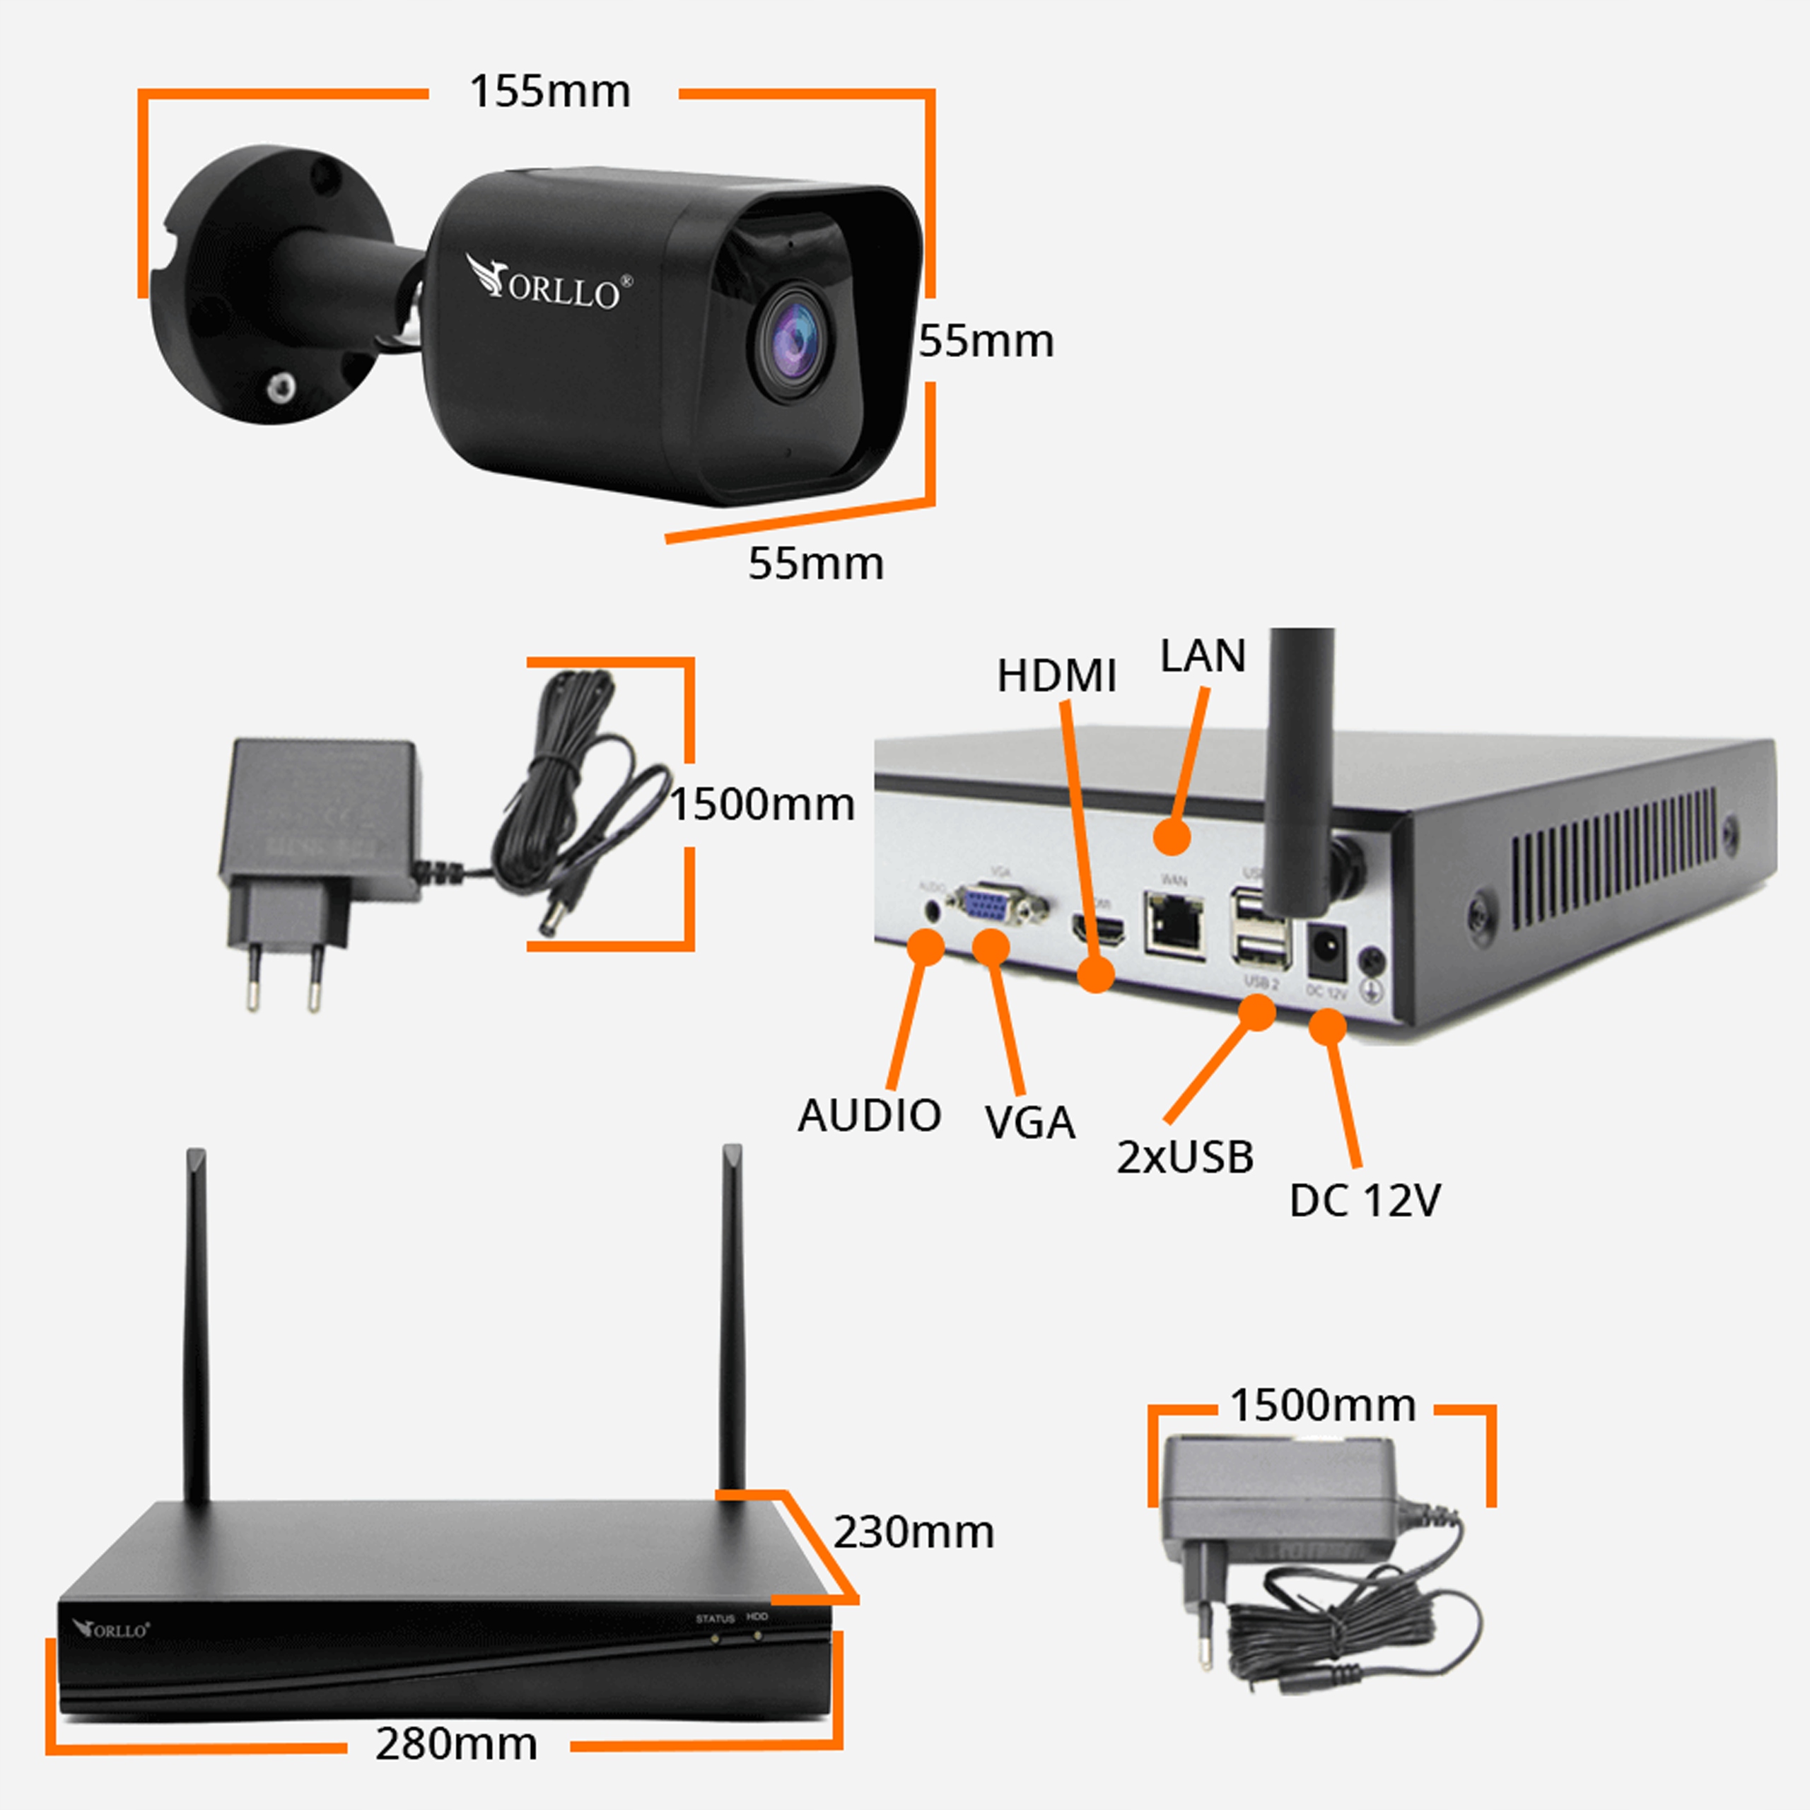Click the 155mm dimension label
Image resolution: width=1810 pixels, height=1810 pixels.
click(x=550, y=92)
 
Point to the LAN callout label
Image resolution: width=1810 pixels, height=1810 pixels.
click(x=1202, y=656)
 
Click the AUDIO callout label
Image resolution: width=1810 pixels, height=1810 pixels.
click(x=870, y=1116)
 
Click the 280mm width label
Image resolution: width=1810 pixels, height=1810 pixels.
click(x=456, y=1744)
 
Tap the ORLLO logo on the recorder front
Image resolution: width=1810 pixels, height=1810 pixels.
click(x=112, y=1630)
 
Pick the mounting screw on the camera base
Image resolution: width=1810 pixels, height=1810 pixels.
click(x=279, y=386)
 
